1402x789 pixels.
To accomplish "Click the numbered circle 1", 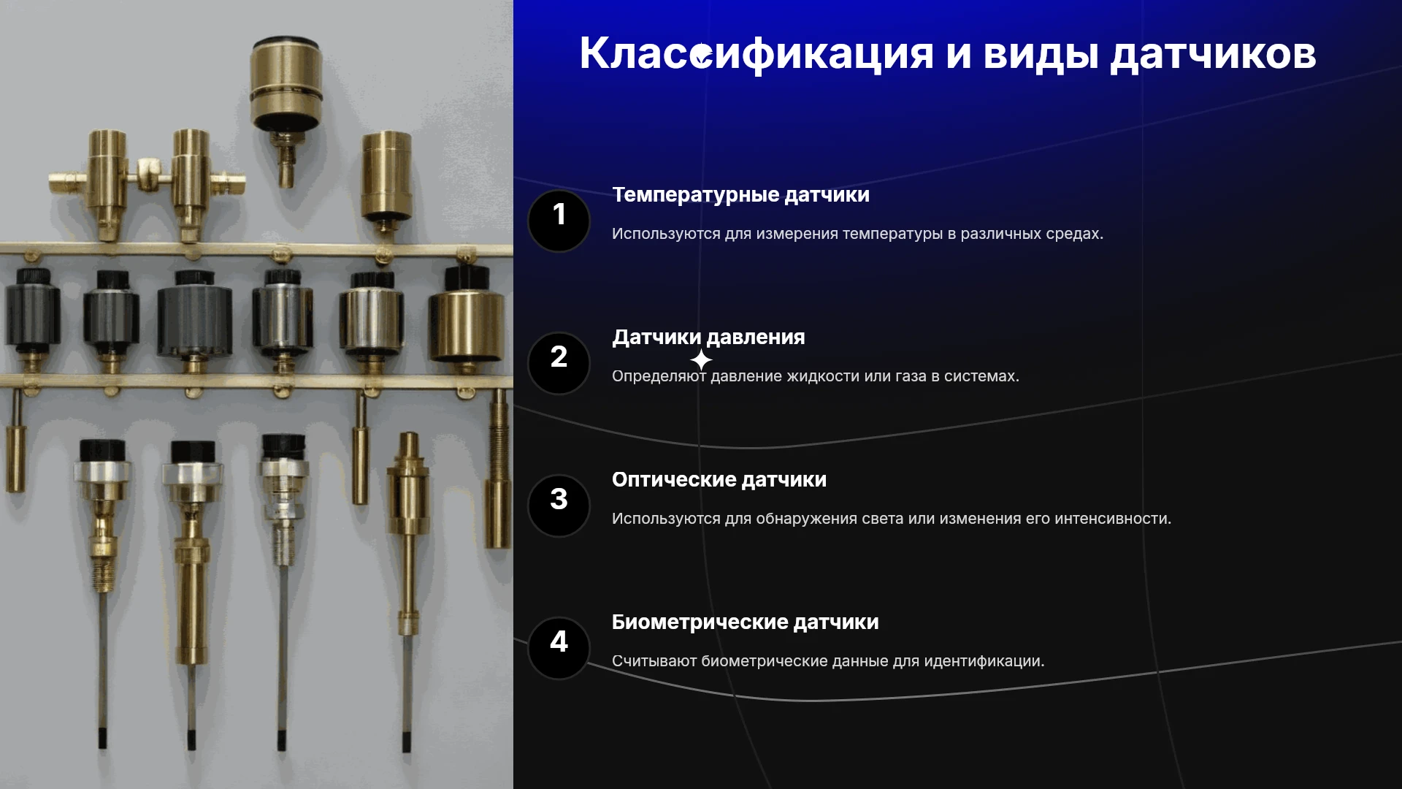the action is [559, 221].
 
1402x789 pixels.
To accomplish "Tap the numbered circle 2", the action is [559, 363].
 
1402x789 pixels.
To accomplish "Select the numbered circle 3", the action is [559, 506].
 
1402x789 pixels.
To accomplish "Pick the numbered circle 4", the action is [559, 648].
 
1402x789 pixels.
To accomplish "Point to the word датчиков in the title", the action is [1213, 55].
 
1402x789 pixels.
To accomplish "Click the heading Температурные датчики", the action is [740, 195].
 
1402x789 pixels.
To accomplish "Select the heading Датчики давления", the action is [708, 338].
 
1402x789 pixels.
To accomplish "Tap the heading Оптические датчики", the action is [719, 480].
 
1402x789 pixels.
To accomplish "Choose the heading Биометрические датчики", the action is [745, 622].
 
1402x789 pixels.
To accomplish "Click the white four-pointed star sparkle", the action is [701, 360].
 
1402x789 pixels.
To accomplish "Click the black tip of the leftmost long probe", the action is [102, 737].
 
